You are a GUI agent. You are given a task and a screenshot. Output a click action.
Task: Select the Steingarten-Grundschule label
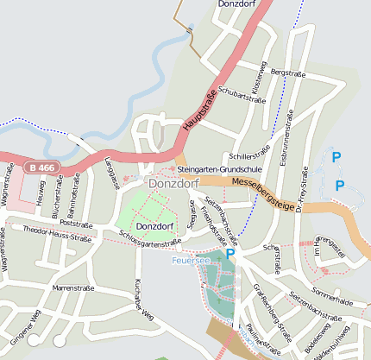click(223, 170)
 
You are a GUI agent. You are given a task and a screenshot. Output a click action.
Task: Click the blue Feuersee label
click(190, 259)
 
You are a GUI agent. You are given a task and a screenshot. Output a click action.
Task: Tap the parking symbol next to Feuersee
click(230, 254)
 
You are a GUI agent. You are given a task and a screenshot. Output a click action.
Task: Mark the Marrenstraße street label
click(73, 287)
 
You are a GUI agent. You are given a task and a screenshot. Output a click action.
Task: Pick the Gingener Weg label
click(25, 329)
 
